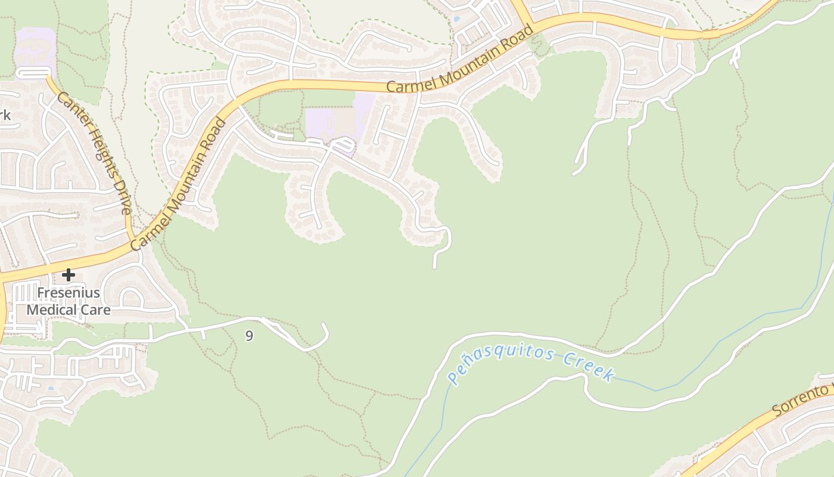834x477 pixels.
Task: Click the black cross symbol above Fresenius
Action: (69, 275)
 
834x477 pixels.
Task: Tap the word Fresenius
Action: (69, 293)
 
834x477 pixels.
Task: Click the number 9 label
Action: (249, 336)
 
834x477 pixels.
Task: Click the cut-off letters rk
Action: (5, 115)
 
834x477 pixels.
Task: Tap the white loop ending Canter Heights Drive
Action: (33, 72)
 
